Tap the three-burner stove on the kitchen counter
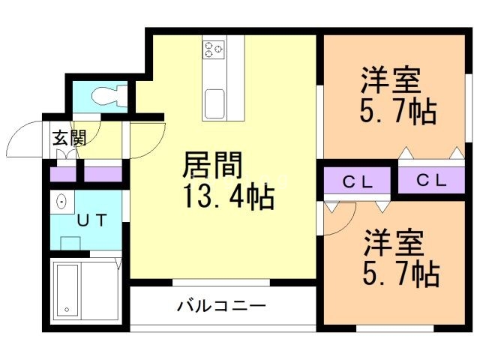tap(214, 49)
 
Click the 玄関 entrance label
tap(68, 137)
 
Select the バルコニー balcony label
tap(222, 306)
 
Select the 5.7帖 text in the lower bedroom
tap(397, 275)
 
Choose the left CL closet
tap(357, 181)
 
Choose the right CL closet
tap(432, 181)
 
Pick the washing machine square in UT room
tap(70, 243)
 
